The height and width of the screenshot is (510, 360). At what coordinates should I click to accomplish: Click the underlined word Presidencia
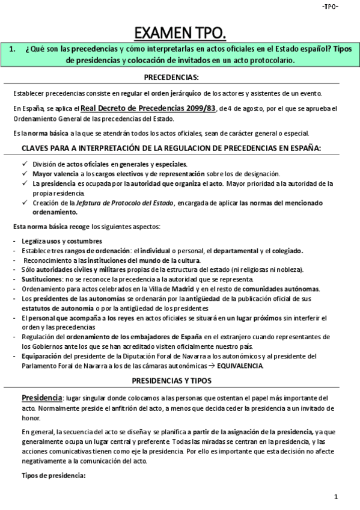click(41, 398)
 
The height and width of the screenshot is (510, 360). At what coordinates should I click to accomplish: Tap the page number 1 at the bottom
click(337, 497)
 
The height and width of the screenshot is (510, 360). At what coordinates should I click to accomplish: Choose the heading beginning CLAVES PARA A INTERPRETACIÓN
click(171, 148)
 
